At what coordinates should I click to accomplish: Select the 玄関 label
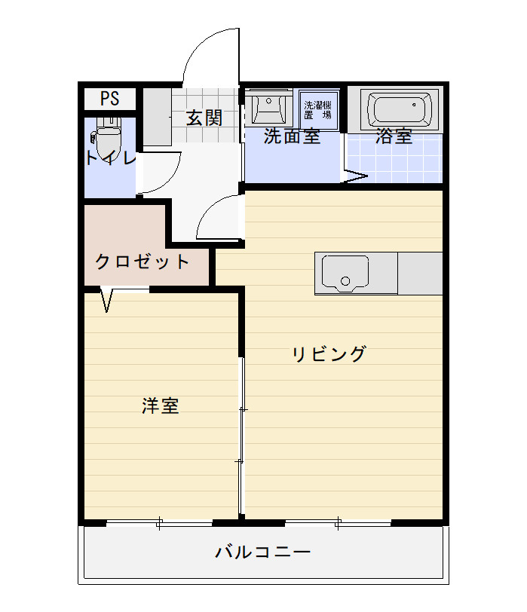coord(204,118)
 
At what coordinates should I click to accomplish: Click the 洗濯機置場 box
coord(318,111)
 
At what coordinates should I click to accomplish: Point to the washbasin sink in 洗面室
coord(268,107)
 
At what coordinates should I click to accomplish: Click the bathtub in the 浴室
coord(400,108)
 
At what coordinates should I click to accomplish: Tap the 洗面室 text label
coord(292,136)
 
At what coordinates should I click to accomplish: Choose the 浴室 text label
coord(394,136)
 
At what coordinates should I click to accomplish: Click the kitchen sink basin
coord(345,274)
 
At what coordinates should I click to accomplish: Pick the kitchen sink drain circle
coord(345,280)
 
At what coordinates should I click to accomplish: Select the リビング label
coord(329,354)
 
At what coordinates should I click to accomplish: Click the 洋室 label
coord(161,406)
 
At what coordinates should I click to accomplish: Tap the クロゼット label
coord(142,262)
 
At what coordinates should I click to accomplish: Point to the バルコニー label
coord(263,552)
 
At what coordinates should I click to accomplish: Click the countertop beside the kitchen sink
coord(420,273)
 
